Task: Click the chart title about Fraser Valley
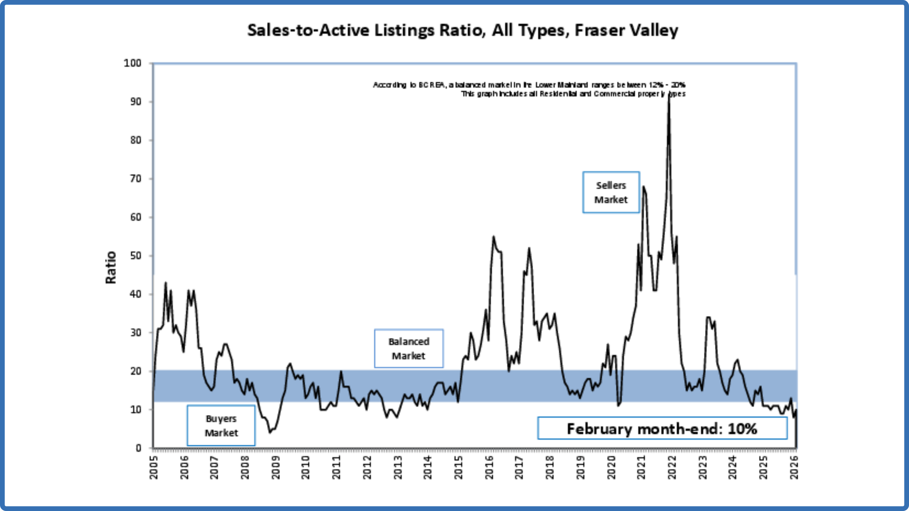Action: tap(463, 30)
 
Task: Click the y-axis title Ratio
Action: tap(111, 267)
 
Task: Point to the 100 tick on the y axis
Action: tap(133, 63)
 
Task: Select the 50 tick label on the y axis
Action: tap(135, 256)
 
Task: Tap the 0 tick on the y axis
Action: tap(138, 448)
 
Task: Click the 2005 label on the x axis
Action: tap(154, 467)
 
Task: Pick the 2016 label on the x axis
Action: tap(489, 467)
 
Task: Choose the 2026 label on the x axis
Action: tap(794, 467)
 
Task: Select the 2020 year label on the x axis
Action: tap(611, 467)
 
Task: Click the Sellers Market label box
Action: tap(611, 193)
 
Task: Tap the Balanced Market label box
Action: tap(409, 349)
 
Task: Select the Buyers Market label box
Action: tap(221, 426)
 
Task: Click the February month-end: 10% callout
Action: tap(662, 429)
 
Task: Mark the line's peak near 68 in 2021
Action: tap(643, 187)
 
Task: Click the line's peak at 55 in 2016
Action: tap(493, 237)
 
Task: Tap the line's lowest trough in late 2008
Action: tap(270, 432)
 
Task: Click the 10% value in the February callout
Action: tap(742, 429)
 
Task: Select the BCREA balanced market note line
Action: tap(529, 85)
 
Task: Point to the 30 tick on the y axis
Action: tap(135, 333)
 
